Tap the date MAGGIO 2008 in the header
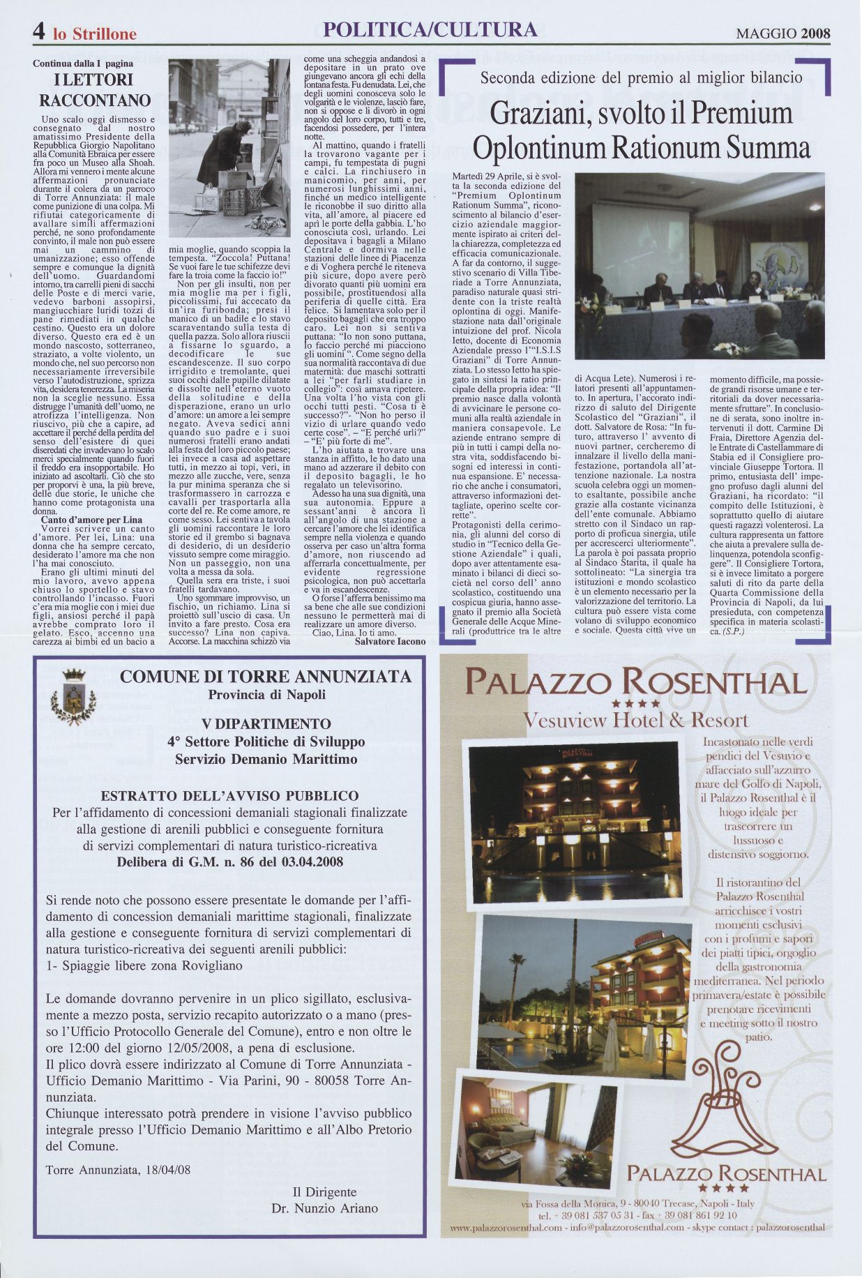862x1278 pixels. pos(784,32)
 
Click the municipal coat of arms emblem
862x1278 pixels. pos(69,697)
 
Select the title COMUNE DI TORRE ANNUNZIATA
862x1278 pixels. pos(266,677)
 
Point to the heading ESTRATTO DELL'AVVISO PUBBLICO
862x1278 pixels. pos(229,796)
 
